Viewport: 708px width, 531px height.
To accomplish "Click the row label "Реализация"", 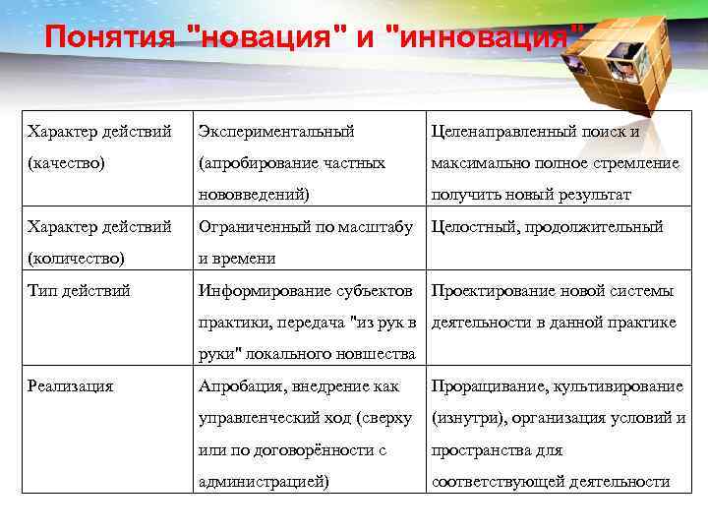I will point(71,386).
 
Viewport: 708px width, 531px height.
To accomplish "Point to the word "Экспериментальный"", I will point(276,131).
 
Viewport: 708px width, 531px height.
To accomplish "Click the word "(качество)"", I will point(65,162).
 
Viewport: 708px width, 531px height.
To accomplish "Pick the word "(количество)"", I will point(76,259).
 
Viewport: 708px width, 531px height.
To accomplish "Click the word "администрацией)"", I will point(264,482).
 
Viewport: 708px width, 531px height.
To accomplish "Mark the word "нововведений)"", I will point(254,195).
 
